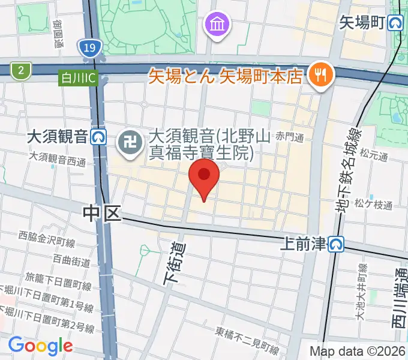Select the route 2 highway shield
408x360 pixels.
[21, 71]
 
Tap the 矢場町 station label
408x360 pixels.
[362, 23]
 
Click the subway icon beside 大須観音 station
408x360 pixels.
[99, 137]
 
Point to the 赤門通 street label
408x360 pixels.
[290, 137]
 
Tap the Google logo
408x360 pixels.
[40, 346]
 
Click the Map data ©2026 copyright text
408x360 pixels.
[358, 352]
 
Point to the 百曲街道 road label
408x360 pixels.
[71, 261]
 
